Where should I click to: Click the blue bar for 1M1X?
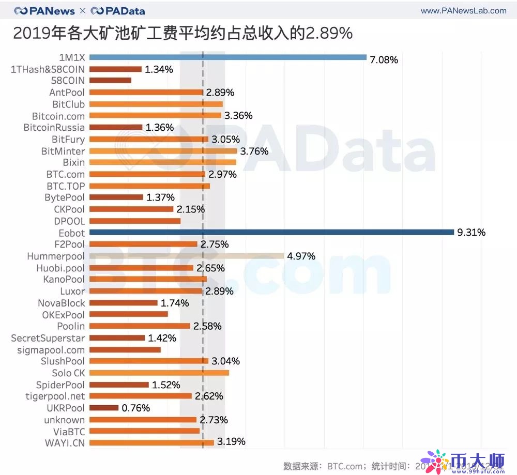tap(227, 57)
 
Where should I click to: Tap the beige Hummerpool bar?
tap(187, 256)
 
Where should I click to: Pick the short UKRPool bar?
tap(104, 408)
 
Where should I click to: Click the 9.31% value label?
tap(471, 233)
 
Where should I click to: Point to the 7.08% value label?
tap(384, 60)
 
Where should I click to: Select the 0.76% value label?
tap(135, 408)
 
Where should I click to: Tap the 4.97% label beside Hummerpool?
tap(301, 256)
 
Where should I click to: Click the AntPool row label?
tap(67, 93)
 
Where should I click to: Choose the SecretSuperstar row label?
tap(48, 338)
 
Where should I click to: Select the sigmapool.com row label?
tap(51, 350)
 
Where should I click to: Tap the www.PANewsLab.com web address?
tap(463, 10)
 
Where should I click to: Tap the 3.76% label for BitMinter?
tap(254, 151)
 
